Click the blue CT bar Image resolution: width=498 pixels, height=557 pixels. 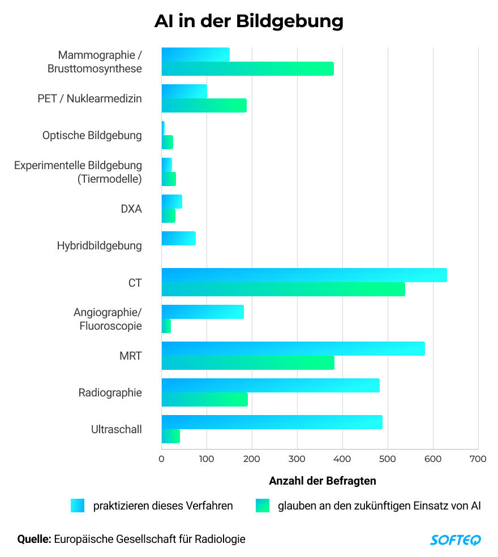(x=304, y=275)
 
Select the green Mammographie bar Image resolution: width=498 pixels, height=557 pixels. (x=247, y=68)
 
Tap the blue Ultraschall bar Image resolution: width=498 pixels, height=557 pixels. (x=272, y=422)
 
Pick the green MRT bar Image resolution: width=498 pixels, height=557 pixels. (x=248, y=362)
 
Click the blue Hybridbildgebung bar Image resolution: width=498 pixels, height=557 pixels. (x=178, y=238)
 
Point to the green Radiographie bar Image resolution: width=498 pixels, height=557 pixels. (x=204, y=399)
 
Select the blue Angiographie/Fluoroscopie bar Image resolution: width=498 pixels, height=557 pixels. (x=203, y=312)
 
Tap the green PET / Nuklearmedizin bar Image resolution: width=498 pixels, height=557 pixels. (x=204, y=105)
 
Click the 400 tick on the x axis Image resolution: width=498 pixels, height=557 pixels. (x=297, y=459)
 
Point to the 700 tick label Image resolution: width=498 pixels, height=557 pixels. (x=478, y=459)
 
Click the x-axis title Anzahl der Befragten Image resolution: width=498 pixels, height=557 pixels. (x=322, y=481)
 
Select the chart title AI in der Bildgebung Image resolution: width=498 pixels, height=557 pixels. (x=249, y=21)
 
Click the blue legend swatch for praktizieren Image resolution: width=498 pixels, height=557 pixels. (x=78, y=506)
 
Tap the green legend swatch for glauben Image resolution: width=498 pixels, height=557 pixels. (x=263, y=506)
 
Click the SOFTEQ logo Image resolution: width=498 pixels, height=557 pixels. (x=456, y=539)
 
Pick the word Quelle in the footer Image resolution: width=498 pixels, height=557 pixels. (x=35, y=539)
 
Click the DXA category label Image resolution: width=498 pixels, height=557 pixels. (x=131, y=209)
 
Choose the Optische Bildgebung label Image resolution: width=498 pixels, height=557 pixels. (x=92, y=135)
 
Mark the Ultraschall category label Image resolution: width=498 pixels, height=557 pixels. (x=117, y=429)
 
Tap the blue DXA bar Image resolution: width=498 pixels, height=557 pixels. (x=171, y=201)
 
